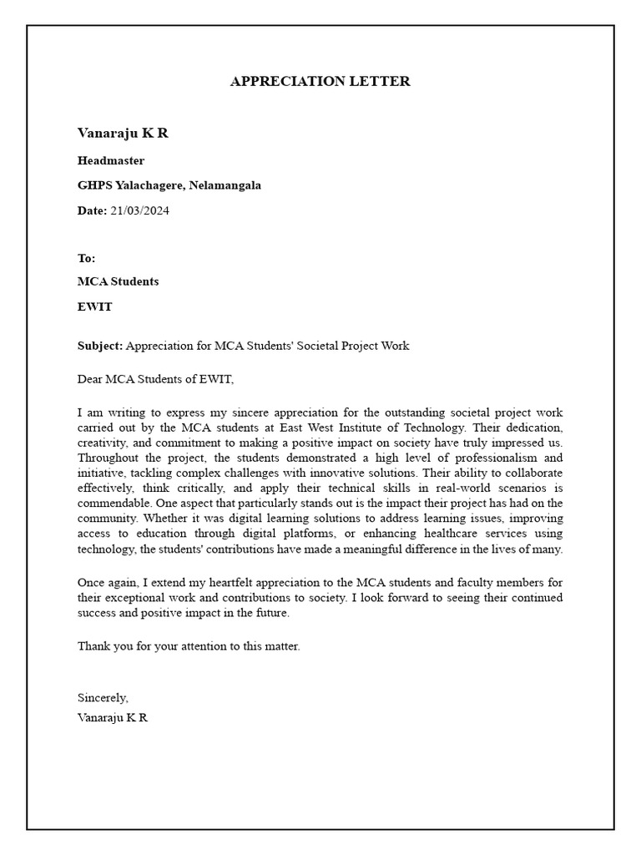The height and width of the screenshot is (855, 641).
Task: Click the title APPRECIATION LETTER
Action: click(x=320, y=81)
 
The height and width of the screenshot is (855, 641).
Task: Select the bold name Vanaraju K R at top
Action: click(x=123, y=134)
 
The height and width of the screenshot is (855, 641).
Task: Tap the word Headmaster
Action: click(x=110, y=160)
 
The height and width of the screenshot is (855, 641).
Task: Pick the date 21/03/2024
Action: click(x=139, y=210)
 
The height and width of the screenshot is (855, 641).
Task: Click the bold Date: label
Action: click(x=92, y=210)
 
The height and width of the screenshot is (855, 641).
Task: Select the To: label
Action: click(x=86, y=258)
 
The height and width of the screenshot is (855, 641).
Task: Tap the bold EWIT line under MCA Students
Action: click(x=94, y=306)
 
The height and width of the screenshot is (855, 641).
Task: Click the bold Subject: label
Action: click(x=100, y=346)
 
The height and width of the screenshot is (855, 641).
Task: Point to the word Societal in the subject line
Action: click(x=310, y=346)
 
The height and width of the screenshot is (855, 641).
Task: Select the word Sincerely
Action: click(x=103, y=697)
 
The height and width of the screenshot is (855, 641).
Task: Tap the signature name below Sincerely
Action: click(x=113, y=717)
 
